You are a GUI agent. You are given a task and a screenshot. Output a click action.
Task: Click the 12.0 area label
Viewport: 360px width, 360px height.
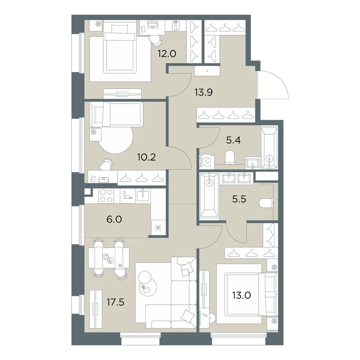tap(167, 54)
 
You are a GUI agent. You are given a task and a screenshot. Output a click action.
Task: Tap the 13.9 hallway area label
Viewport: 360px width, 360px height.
tap(204, 92)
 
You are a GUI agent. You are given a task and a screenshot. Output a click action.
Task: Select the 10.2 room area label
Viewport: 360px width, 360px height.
tap(147, 157)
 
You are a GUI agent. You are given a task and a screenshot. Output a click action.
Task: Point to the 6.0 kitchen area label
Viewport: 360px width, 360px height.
tap(114, 220)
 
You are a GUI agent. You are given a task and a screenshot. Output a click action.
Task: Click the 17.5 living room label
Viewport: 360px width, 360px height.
tap(116, 302)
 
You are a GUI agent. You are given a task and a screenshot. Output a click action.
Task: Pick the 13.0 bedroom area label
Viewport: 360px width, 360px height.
tap(241, 295)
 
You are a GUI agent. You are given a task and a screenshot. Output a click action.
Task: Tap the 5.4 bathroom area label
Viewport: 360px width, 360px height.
tap(233, 140)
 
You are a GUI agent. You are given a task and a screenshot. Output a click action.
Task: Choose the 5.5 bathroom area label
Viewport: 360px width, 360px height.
tap(239, 199)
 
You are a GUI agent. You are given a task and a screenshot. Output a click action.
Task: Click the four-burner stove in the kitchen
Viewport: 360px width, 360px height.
tap(106, 196)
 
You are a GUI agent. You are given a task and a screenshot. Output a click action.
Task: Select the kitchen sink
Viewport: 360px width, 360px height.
tap(143, 195)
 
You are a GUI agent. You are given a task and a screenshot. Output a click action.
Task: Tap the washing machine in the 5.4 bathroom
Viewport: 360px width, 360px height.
tap(207, 162)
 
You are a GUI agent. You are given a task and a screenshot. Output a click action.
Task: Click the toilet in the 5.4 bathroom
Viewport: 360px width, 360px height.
tap(230, 157)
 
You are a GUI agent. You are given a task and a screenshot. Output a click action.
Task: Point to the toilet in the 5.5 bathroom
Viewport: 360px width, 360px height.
tap(266, 203)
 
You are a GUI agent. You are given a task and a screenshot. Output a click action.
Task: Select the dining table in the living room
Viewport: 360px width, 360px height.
tap(109, 258)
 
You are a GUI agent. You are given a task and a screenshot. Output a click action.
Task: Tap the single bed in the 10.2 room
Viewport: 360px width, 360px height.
tap(116, 114)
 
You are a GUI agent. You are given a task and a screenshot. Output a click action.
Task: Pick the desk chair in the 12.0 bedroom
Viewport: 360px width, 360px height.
tap(156, 40)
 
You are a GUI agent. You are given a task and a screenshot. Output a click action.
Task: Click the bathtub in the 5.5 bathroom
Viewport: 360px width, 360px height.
tap(209, 195)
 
